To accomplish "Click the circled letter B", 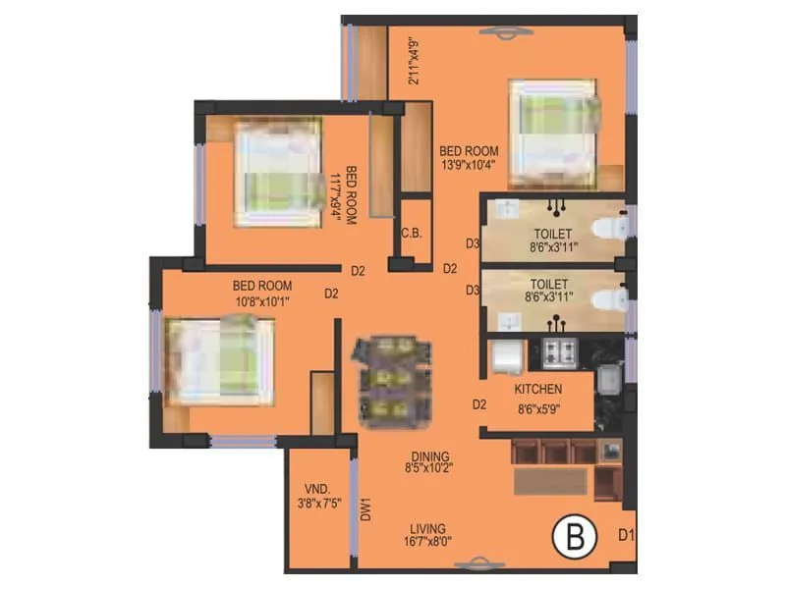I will tap(569, 537).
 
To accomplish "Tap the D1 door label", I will tap(626, 535).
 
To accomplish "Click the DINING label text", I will tap(430, 456).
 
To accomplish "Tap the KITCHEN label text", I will tap(537, 390).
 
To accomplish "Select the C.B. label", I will tap(412, 234).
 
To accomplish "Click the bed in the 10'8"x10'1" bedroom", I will tap(220, 360).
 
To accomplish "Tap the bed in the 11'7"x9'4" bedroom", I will tap(279, 173).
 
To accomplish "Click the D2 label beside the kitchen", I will tap(479, 403).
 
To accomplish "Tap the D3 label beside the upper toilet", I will tap(473, 243).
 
